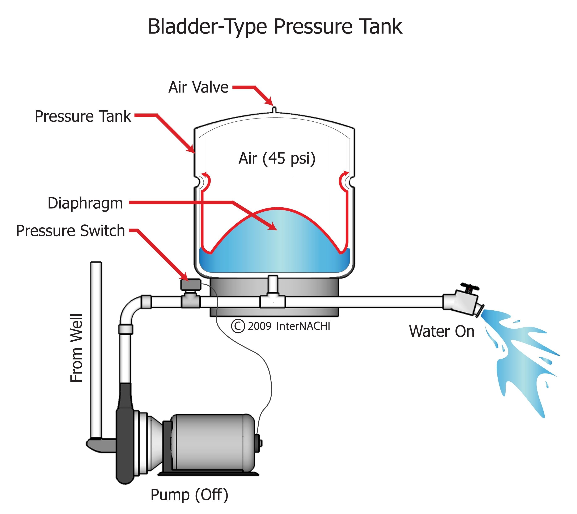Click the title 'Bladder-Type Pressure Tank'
[x=275, y=27]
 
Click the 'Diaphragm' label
[x=85, y=203]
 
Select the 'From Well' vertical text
[x=76, y=348]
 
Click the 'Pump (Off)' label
[x=189, y=494]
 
